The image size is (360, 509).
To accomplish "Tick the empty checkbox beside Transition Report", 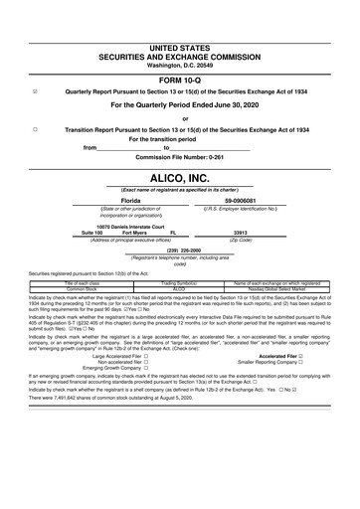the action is [x=36, y=128].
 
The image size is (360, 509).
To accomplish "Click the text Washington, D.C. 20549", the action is [x=179, y=37].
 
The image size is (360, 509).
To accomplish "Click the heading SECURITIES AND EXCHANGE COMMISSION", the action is [x=179, y=27].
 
